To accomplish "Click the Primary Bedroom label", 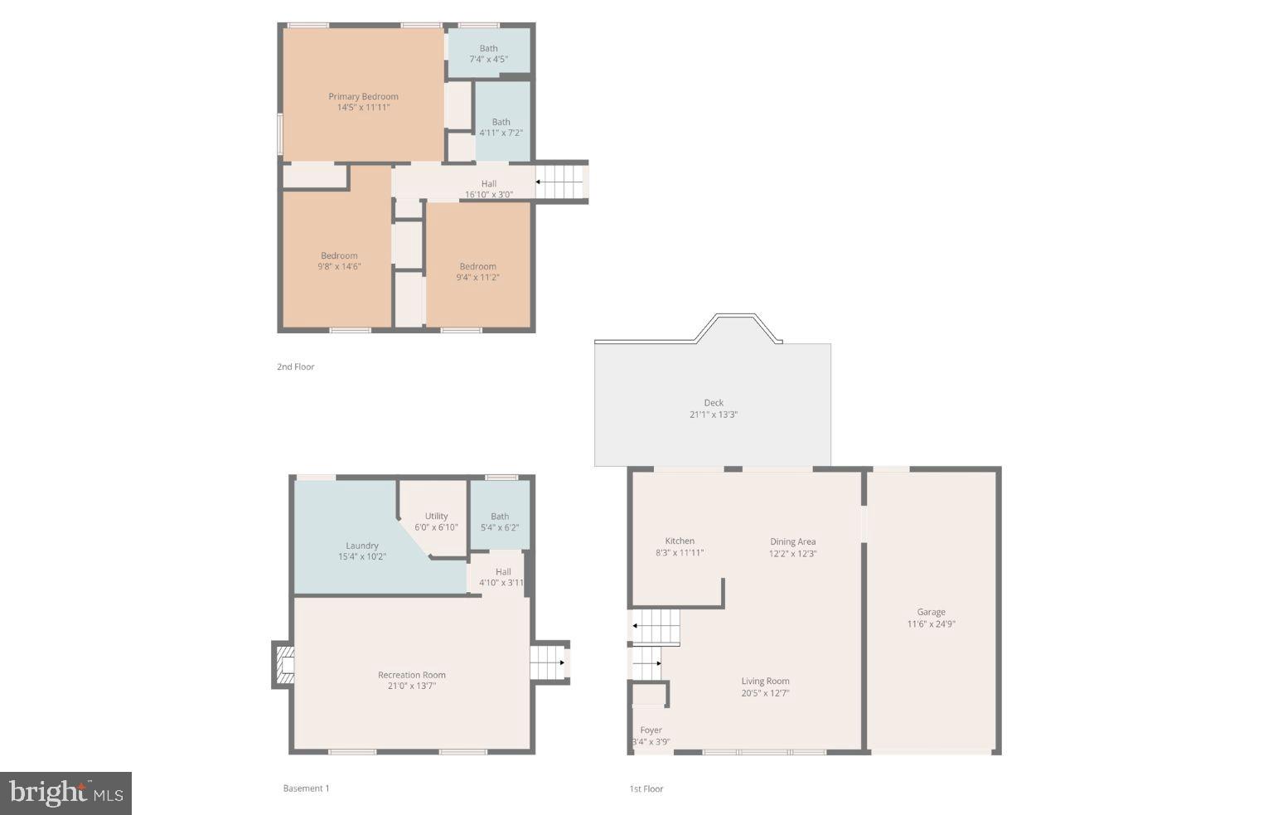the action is (363, 96).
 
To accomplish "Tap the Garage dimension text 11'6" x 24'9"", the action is (931, 624).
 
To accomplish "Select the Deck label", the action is (714, 403).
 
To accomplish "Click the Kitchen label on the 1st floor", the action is (680, 541).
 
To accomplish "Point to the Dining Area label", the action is (792, 541).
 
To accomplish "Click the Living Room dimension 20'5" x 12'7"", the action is (765, 693).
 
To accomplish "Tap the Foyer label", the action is (651, 730).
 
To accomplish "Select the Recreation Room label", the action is (411, 675).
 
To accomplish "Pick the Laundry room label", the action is (362, 546).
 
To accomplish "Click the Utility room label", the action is (436, 516).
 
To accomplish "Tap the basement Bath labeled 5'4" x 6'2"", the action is (500, 522).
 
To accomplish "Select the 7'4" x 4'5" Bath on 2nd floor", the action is (488, 53).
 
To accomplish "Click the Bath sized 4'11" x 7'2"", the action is (501, 127).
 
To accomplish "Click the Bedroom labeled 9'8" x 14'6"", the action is (339, 260).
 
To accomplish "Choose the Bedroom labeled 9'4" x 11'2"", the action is (477, 271).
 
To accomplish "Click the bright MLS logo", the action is (65, 793).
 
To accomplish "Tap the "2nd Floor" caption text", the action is (295, 366).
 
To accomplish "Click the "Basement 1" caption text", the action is (306, 788).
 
